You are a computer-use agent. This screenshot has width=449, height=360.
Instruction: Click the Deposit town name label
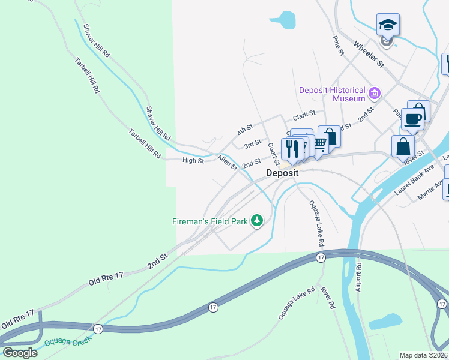tap(282, 173)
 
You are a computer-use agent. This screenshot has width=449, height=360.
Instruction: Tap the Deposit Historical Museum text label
tap(332, 94)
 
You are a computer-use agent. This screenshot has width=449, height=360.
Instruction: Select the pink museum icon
tap(375, 93)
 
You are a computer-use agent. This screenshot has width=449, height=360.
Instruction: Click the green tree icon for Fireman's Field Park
tap(257, 221)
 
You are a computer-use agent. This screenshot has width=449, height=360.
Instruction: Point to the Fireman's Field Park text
tap(211, 221)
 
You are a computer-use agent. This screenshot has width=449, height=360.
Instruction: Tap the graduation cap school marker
tap(388, 25)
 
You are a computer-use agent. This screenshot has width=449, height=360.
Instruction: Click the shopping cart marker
tap(319, 143)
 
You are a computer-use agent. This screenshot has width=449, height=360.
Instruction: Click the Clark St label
tap(304, 116)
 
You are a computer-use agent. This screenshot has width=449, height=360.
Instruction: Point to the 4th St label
tap(245, 129)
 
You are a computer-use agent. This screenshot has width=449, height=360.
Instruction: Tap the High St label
tap(193, 160)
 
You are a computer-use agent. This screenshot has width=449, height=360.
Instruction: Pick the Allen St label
tap(228, 162)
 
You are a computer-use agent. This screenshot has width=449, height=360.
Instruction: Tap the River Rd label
tap(328, 297)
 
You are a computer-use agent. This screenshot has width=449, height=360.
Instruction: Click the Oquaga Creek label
tap(67, 341)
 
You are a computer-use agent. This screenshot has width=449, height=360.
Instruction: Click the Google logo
tap(20, 352)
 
